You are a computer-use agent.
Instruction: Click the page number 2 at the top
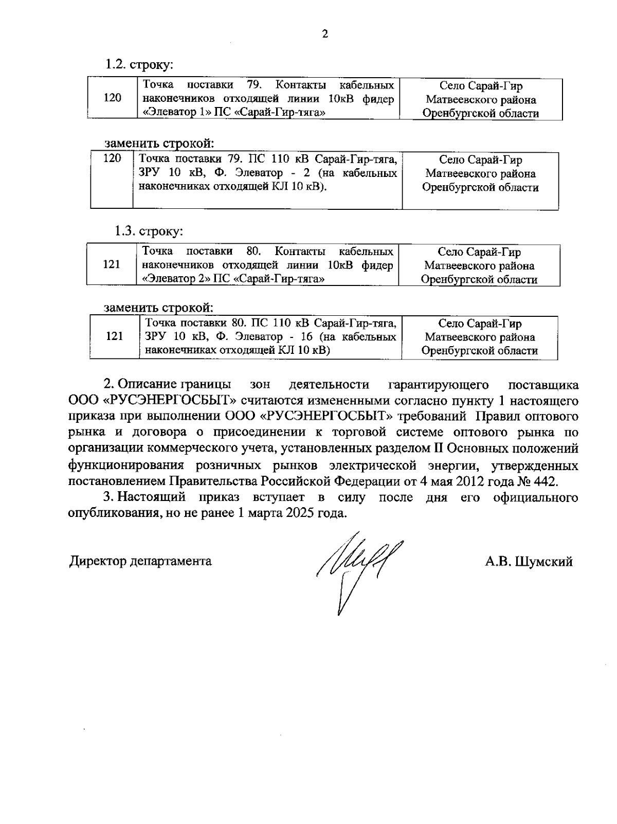(324, 35)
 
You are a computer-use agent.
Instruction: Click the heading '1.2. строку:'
(139, 65)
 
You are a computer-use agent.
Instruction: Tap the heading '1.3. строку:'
(148, 231)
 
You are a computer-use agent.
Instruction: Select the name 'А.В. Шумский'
(529, 562)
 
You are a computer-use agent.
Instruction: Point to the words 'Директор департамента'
(140, 561)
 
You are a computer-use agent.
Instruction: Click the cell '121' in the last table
(114, 336)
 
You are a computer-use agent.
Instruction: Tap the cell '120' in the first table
(112, 98)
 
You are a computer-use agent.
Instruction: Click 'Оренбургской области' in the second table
(480, 187)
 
